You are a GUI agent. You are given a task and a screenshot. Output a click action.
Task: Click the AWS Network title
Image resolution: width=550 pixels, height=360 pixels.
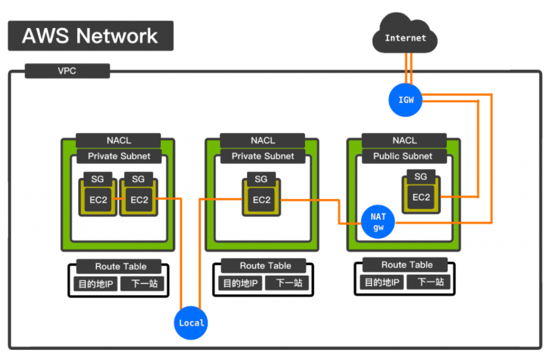click(x=90, y=36)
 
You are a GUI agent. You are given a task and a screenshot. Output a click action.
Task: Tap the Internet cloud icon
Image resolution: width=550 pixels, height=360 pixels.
click(x=406, y=38)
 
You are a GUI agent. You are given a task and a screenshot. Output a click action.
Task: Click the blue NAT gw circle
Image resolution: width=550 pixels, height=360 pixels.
click(x=378, y=222)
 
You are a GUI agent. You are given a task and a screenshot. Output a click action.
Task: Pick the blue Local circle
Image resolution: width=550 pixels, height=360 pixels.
click(x=191, y=323)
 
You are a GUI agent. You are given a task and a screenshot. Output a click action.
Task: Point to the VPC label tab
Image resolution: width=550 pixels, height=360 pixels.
click(x=67, y=71)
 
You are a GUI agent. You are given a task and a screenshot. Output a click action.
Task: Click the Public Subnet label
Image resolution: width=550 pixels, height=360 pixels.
click(x=403, y=156)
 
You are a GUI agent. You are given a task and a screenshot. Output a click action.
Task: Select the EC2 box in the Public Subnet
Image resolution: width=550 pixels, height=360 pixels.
click(x=421, y=197)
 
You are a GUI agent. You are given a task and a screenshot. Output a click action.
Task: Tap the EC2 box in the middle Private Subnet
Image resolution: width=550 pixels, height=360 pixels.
click(x=262, y=200)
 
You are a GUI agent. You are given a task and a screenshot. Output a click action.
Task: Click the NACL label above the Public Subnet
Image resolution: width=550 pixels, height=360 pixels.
click(x=404, y=140)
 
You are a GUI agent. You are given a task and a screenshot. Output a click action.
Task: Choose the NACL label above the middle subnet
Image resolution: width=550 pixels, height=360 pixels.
click(x=263, y=140)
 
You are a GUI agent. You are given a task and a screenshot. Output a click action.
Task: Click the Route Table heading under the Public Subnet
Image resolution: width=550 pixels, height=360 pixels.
click(x=407, y=265)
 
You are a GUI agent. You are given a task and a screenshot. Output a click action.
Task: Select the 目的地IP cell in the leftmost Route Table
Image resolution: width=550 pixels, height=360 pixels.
click(x=96, y=284)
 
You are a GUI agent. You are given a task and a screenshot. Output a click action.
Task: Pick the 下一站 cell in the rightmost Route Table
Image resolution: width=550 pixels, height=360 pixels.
click(x=431, y=282)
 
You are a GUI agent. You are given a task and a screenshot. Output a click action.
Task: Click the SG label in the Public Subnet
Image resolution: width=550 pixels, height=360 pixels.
click(x=421, y=176)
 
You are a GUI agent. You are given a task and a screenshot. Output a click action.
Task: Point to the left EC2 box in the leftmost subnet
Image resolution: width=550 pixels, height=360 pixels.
click(x=98, y=200)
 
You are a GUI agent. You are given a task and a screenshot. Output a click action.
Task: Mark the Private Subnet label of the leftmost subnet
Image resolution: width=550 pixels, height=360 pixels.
click(x=119, y=156)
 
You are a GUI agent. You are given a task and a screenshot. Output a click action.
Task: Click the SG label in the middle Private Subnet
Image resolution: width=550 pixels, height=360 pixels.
click(x=261, y=179)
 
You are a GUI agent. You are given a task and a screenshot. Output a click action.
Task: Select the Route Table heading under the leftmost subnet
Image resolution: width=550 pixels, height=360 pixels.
click(x=120, y=266)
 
